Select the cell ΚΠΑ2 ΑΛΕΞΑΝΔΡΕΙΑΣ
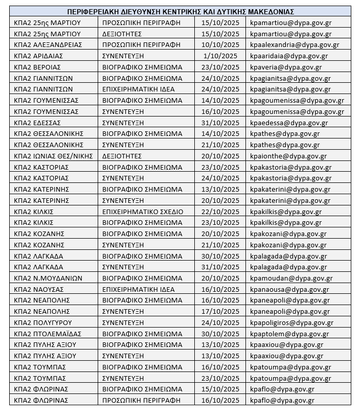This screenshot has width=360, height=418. (x=48, y=45)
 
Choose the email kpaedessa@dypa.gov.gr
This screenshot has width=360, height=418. (x=287, y=123)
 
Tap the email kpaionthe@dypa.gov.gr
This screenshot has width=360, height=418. (x=288, y=156)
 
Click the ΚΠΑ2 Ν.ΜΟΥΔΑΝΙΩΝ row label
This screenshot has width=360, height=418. (x=48, y=278)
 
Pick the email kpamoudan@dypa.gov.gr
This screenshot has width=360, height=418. (x=291, y=278)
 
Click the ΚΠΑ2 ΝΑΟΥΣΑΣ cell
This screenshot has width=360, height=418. (x=38, y=289)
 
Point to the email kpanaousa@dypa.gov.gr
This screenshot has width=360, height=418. (x=289, y=289)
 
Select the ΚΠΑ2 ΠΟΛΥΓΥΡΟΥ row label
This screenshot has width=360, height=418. (x=43, y=323)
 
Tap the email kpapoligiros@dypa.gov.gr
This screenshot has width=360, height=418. (x=291, y=323)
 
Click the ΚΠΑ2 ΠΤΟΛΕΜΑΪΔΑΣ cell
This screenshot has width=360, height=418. (x=48, y=334)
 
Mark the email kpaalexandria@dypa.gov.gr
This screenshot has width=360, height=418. (x=295, y=45)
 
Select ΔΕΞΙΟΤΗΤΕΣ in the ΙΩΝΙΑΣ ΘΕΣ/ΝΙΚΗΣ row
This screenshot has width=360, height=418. (x=122, y=156)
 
